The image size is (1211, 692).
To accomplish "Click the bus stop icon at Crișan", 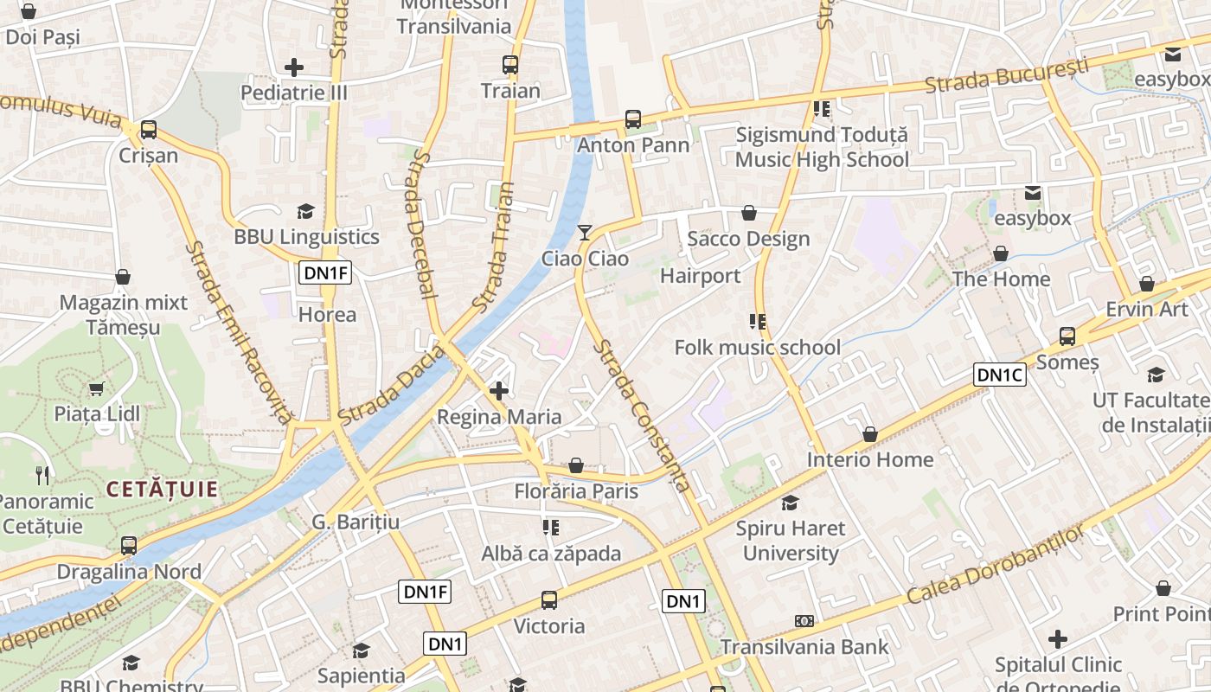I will (x=149, y=130).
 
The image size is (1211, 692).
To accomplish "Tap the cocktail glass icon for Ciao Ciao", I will (x=586, y=232).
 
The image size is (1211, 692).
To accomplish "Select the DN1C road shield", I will (x=1000, y=375).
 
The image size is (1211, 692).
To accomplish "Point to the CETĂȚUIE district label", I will (x=162, y=489).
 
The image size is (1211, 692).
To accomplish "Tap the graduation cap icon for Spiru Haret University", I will (x=790, y=503).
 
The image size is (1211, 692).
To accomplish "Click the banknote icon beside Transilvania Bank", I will (x=804, y=621).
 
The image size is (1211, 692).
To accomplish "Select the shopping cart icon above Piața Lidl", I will (x=97, y=388).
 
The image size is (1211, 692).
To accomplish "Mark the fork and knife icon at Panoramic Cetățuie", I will (x=42, y=475).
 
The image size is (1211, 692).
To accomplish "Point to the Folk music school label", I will (x=757, y=348).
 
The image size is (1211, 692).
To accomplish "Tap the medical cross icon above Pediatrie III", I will (x=294, y=67).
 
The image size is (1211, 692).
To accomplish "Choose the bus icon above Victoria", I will (x=548, y=599).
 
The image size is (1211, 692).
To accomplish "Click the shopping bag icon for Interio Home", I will (x=870, y=433).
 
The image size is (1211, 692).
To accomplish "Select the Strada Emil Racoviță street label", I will (x=239, y=333).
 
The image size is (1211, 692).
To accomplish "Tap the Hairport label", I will (x=701, y=276).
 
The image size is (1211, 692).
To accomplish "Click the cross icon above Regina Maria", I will (x=499, y=391).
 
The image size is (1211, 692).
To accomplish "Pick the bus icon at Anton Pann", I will (x=633, y=119).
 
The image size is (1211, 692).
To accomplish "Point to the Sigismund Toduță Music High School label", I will (x=822, y=147).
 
